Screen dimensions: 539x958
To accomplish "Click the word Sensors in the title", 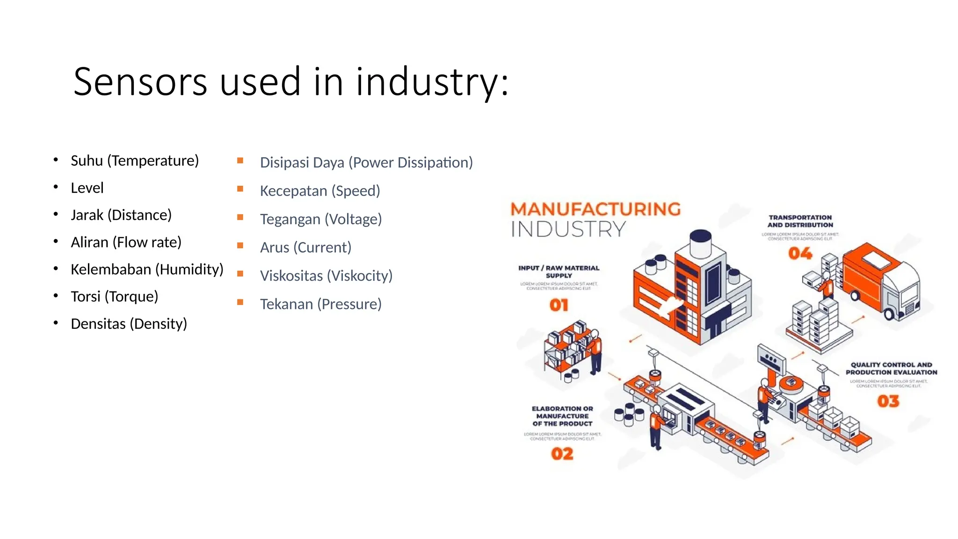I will [x=140, y=82].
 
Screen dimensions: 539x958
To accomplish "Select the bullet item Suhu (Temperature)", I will [x=135, y=160].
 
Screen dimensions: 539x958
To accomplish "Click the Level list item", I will [x=87, y=188].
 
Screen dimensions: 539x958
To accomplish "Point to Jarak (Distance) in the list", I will [x=121, y=215].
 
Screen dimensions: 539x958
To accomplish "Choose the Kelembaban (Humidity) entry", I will [x=147, y=269].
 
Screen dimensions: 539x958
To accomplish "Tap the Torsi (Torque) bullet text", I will [x=115, y=296].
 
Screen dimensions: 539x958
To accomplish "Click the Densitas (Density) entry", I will [x=129, y=323].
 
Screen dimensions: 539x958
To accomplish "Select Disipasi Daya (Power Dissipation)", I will [x=366, y=162].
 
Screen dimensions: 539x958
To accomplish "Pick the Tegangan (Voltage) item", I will [x=321, y=219].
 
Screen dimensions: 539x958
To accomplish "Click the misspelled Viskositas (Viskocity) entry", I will [x=326, y=276].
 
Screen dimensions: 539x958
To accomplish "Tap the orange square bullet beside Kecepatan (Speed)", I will [x=240, y=189].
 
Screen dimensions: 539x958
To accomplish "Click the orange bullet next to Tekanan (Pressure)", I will [x=240, y=302].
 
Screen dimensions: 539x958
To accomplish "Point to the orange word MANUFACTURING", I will [x=595, y=209].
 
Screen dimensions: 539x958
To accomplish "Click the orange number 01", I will [x=559, y=306].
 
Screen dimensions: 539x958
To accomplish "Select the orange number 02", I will [x=562, y=454].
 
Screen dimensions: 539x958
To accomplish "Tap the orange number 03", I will [x=888, y=401].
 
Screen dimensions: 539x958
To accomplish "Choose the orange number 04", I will [x=800, y=254].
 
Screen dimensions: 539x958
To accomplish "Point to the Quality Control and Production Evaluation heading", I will [x=891, y=369].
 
